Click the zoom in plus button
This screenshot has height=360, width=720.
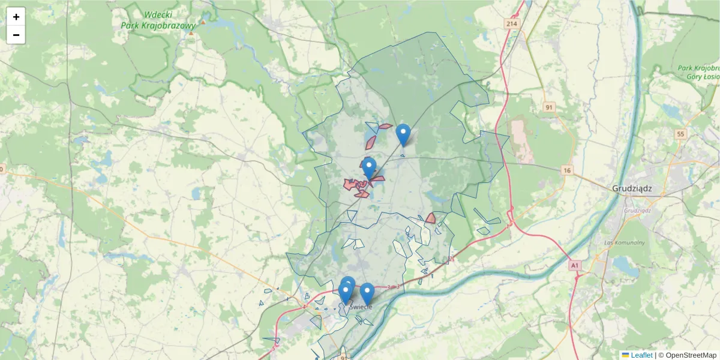pyautogui.click(x=16, y=17)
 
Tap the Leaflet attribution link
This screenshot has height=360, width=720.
pyautogui.click(x=641, y=355)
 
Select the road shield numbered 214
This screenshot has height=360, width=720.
pyautogui.click(x=511, y=23)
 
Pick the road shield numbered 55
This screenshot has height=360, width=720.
pyautogui.click(x=680, y=134)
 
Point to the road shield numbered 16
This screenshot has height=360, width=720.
pyautogui.click(x=567, y=171)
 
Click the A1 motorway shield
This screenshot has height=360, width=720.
pyautogui.click(x=575, y=265)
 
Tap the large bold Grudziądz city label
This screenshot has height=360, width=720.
pyautogui.click(x=632, y=188)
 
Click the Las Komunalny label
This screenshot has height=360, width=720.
pyautogui.click(x=625, y=242)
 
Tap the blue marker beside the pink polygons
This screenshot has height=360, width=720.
pyautogui.click(x=369, y=168)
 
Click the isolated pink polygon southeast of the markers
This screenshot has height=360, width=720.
pyautogui.click(x=430, y=218)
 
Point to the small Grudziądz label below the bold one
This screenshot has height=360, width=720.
pyautogui.click(x=637, y=211)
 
